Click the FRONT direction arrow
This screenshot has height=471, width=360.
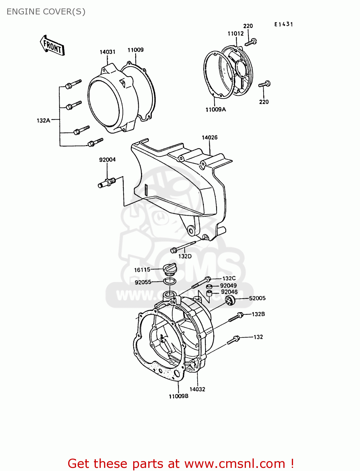coord(52,46)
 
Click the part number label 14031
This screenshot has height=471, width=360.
coord(107,52)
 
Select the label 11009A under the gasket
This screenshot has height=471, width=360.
coord(215,110)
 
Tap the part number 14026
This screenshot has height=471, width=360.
coord(210,138)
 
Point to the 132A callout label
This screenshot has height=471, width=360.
coord(43,120)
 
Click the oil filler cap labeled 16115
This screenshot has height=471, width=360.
coord(170,269)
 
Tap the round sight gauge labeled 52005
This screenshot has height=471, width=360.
coord(230,300)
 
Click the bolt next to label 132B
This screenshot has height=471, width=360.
coord(236,317)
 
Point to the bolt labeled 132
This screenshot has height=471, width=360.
coord(233,340)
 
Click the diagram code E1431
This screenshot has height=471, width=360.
coord(283,24)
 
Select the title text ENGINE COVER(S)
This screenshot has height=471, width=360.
coord(46,12)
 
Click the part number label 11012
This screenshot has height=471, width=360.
coord(236,34)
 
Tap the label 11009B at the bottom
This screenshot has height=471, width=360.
coord(178,396)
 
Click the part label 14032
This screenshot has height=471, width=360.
coord(197,389)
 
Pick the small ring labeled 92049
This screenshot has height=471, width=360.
coord(209,286)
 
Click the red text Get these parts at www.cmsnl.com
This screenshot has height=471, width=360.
coord(181,463)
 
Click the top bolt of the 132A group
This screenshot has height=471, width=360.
coord(73,84)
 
